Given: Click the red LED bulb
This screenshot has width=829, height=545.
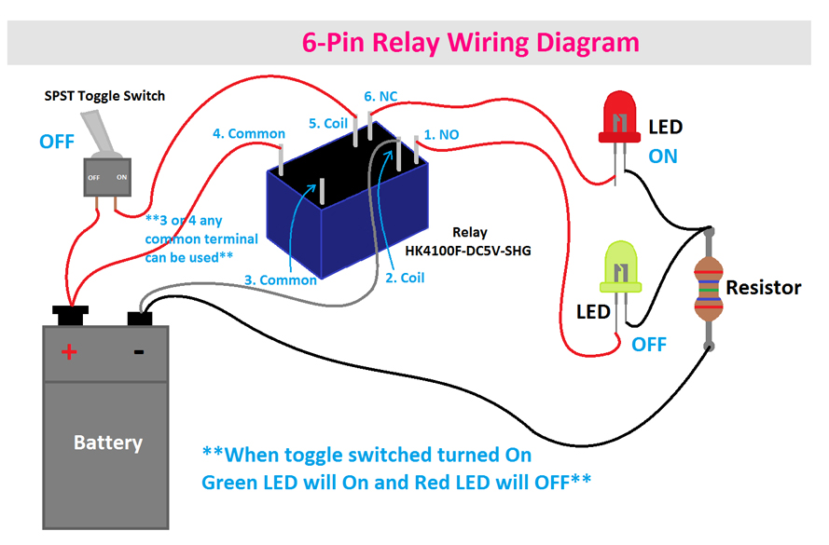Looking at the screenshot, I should [x=620, y=120].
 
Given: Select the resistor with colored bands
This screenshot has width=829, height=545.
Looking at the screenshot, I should [x=709, y=289].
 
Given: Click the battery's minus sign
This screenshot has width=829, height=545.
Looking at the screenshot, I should [x=138, y=351].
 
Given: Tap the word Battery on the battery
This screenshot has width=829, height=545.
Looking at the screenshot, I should [x=108, y=442].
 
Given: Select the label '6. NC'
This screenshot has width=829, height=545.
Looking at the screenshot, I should [x=380, y=97].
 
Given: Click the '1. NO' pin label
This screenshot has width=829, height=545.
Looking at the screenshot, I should [x=442, y=134].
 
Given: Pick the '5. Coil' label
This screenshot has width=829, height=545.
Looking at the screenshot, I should [x=328, y=123].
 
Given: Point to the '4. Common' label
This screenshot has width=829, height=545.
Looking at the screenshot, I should [x=249, y=134].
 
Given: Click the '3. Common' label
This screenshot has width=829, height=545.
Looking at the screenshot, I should [x=281, y=279].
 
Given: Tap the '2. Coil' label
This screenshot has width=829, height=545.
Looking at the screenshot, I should [x=406, y=278].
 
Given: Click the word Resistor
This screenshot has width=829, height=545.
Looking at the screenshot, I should [x=763, y=287].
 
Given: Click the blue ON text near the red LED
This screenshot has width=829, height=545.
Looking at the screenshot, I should [x=663, y=156].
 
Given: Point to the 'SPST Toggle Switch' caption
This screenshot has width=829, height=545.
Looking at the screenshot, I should [x=105, y=96].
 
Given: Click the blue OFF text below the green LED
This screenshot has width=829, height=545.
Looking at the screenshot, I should [x=649, y=344].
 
